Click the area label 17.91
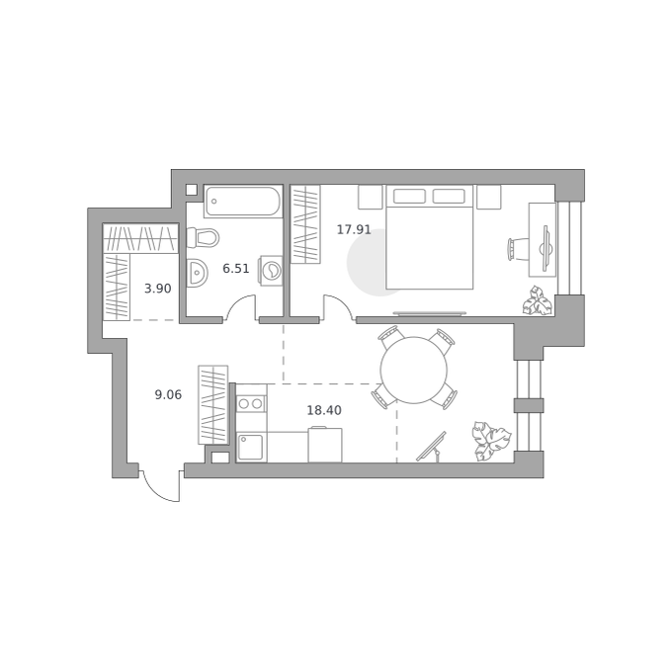354,229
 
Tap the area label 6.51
236,269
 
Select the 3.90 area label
158,289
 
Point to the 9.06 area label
168,394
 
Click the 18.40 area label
324,410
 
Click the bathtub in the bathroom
242,202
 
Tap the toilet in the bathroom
203,237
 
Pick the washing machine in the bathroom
271,270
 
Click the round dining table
413,371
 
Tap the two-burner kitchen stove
251,403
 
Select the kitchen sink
252,448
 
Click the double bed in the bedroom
430,237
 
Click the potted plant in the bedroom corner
537,301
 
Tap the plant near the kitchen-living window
491,441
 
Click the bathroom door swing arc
240,305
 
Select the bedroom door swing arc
340,305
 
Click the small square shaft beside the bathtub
191,190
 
